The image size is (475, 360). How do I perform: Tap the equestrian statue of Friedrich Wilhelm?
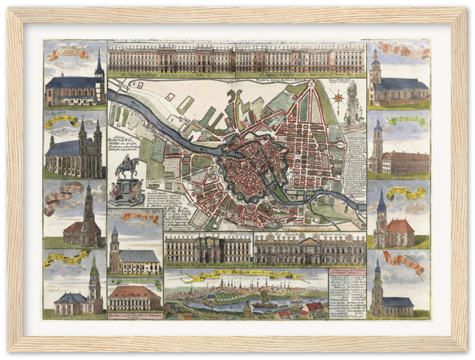[126, 169]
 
